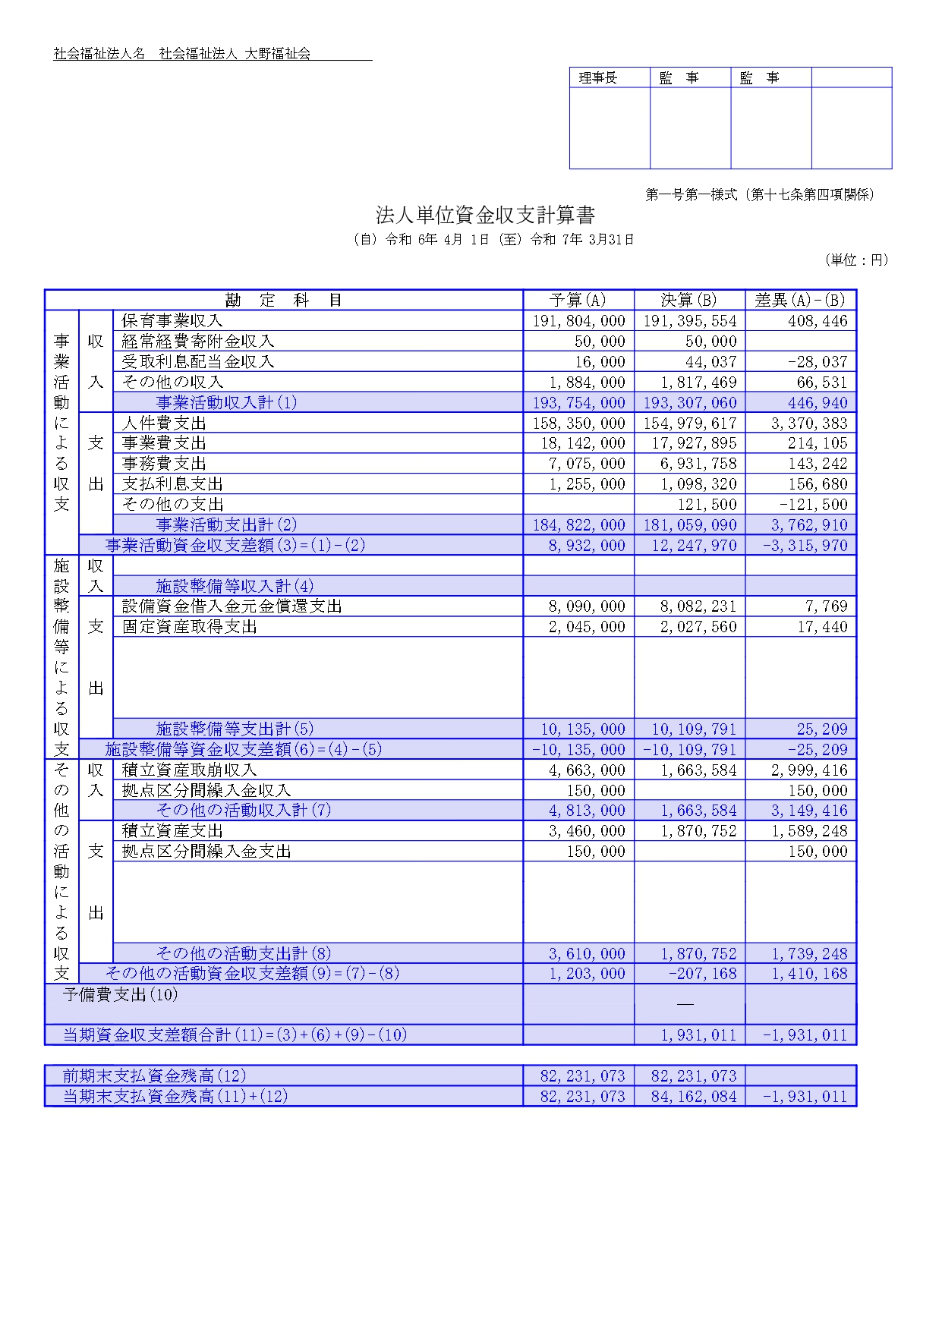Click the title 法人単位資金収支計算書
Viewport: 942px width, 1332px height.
[x=485, y=216]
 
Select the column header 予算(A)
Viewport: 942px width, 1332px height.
[x=578, y=301]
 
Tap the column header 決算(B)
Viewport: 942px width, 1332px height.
[x=688, y=301]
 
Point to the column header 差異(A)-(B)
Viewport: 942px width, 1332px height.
[x=800, y=301]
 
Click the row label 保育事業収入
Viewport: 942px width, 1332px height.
[x=172, y=321]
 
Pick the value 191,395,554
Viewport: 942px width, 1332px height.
[x=690, y=321]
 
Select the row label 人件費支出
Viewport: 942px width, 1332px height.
[x=164, y=424]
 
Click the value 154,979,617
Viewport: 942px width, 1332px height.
[x=690, y=424]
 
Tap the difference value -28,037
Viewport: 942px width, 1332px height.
[x=818, y=362]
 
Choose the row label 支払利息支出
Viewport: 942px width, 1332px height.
[x=172, y=484]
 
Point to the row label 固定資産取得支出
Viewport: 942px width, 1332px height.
[x=190, y=627]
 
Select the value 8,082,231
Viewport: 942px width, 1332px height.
[x=695, y=606]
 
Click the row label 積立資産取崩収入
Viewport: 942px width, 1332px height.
[x=190, y=770]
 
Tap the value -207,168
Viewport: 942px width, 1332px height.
[x=703, y=974]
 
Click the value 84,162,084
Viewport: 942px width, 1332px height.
[x=694, y=1097]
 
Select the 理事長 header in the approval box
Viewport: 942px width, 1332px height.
[x=598, y=78]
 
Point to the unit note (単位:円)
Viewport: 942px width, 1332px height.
[x=856, y=260]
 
